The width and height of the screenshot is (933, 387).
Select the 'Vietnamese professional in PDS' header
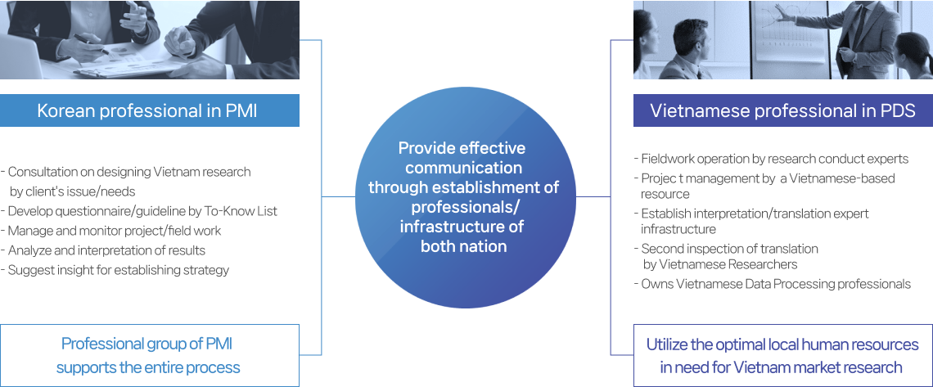coord(782,110)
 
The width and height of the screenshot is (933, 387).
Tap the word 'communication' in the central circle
coord(463,168)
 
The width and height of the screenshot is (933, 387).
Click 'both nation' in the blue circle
coord(463,246)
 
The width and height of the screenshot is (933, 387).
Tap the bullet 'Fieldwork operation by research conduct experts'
coord(771,159)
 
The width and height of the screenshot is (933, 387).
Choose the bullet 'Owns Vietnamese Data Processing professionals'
coord(773,284)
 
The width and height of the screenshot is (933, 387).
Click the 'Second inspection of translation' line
coord(726,249)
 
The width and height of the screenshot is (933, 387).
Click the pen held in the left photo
coord(92,43)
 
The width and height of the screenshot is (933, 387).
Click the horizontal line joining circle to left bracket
coord(339,196)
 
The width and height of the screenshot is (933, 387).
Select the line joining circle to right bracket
coord(594,196)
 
